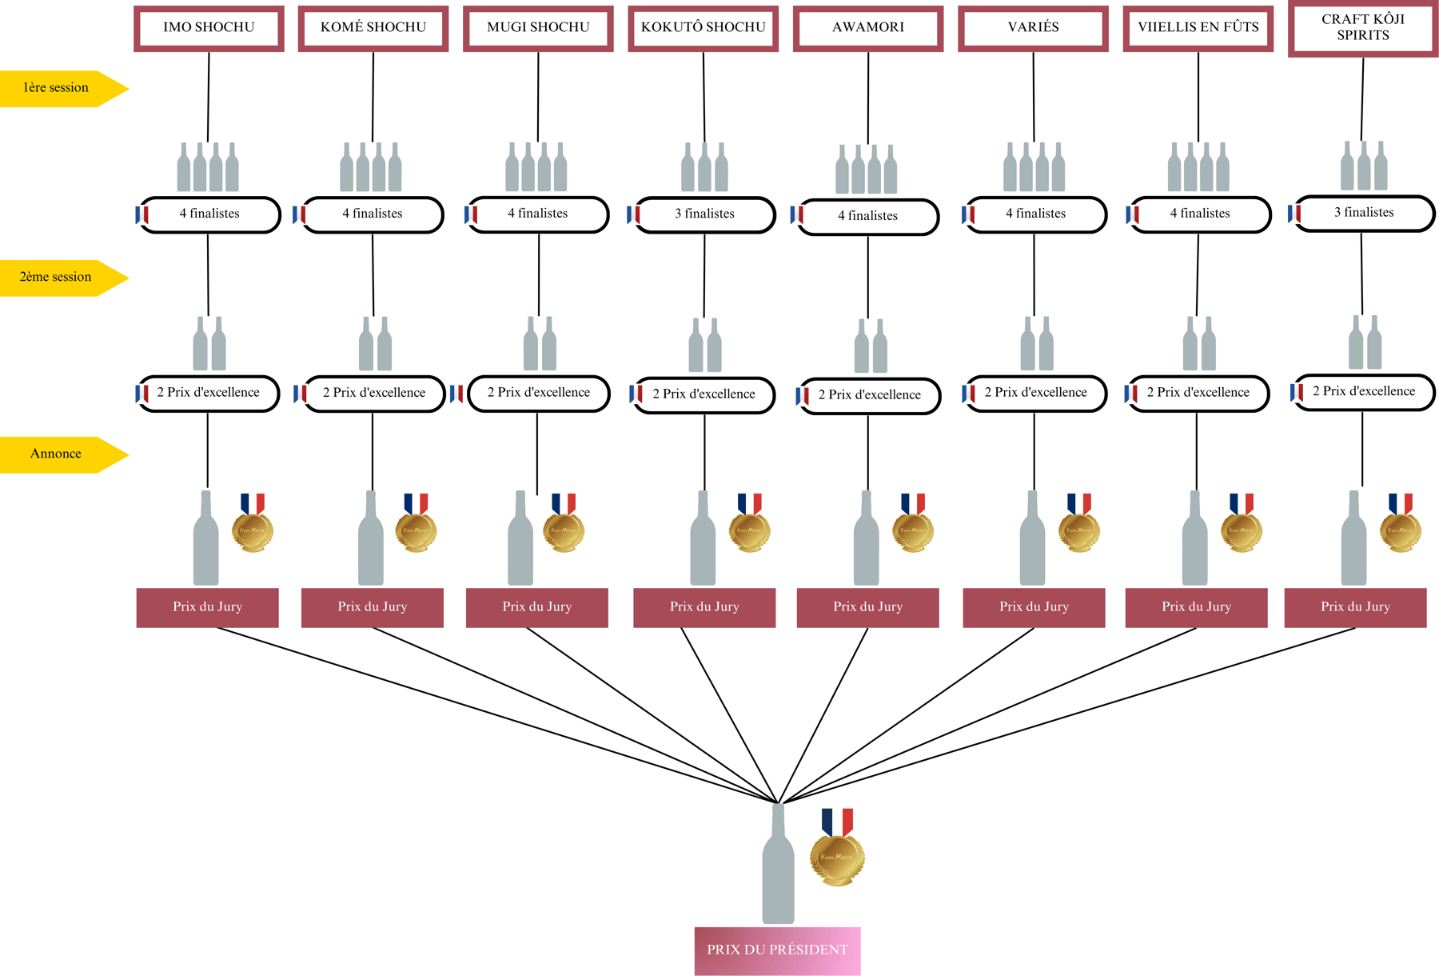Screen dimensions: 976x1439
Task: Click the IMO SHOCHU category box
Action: coord(209,28)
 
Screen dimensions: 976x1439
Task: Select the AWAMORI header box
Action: coord(868,28)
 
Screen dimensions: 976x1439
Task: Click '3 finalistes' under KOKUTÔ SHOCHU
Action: coord(704,214)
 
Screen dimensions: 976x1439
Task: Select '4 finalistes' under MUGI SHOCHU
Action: coord(538,214)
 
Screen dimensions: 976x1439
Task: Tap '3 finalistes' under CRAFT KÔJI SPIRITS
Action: coord(1364,213)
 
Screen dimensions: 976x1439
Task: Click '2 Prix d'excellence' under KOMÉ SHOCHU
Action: coord(374,394)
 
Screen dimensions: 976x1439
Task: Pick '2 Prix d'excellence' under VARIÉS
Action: coord(1036,393)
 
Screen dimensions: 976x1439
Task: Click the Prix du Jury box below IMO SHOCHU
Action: coord(208,607)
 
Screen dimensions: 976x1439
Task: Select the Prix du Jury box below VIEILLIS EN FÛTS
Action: coord(1196,607)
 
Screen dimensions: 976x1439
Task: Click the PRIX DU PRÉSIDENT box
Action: coord(777,950)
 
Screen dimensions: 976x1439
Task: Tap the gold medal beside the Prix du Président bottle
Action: coord(837,857)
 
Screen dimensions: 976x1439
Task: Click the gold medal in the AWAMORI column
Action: coord(913,530)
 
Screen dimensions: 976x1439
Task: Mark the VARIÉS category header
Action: coord(1033,28)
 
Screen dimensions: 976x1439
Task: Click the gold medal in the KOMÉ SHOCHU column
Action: coord(416,530)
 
